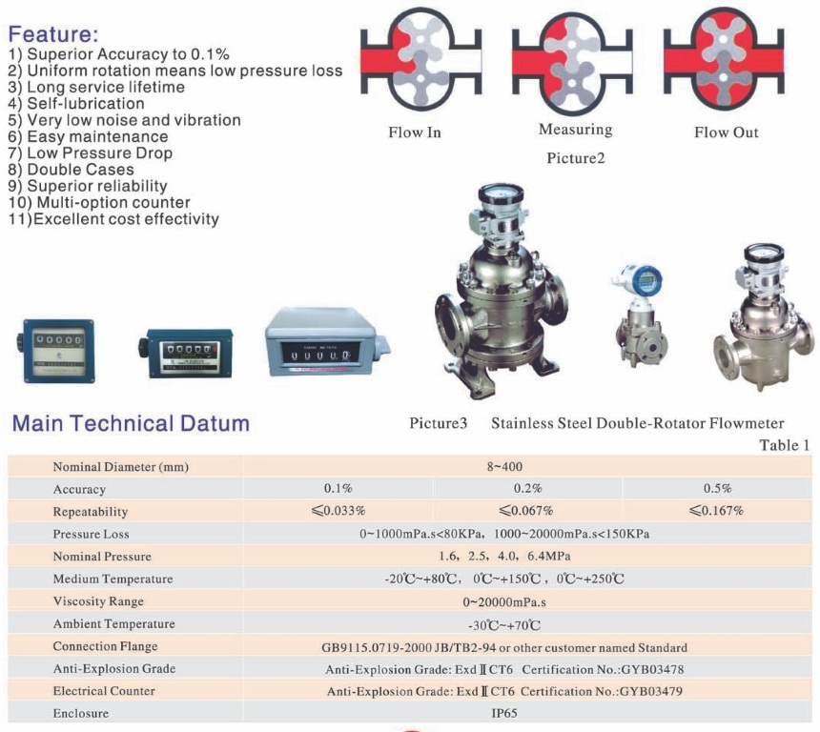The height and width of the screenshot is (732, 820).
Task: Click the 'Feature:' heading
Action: click(53, 34)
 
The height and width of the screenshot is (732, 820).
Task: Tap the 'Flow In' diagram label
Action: click(415, 132)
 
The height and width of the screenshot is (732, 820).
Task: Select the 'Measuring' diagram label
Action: click(575, 130)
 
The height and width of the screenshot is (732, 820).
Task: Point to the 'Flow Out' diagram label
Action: click(727, 132)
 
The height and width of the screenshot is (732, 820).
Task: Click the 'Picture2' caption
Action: click(576, 158)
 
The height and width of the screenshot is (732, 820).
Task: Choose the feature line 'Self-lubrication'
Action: click(76, 104)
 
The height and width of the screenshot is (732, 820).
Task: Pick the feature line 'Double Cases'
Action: click(72, 170)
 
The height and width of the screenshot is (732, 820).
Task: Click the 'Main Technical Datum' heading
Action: click(131, 423)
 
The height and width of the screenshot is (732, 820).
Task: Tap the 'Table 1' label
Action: click(785, 445)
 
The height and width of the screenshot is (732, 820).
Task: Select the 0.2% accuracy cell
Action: click(527, 488)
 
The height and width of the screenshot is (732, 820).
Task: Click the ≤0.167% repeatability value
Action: click(716, 510)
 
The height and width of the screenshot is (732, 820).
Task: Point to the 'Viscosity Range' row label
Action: click(98, 601)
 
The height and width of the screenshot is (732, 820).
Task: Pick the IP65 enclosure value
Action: click(504, 713)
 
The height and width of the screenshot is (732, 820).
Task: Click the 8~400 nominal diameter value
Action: click(504, 466)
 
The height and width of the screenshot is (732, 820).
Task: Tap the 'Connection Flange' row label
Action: click(105, 646)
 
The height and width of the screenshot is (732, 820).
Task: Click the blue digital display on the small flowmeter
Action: click(646, 281)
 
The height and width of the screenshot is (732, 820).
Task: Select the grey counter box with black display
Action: click(327, 341)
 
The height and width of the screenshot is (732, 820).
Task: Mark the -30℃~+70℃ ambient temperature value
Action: click(504, 625)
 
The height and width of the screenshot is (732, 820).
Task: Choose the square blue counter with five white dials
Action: click(56, 351)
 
